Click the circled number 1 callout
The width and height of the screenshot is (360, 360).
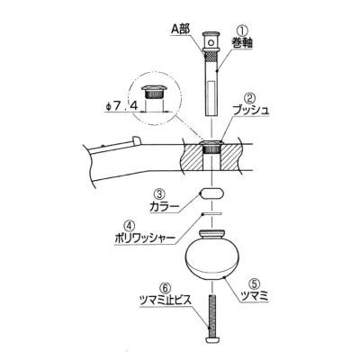coord(242,31)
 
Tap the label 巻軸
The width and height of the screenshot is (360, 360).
coord(242,43)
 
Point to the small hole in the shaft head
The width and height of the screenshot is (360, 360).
coord(211,42)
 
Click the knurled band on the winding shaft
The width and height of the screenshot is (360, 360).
coord(211,56)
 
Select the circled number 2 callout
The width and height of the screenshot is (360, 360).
coord(249,97)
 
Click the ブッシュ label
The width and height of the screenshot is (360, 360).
coord(251,110)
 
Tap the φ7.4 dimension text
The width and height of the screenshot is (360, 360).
coord(121,106)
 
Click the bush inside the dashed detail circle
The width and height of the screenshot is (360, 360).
coord(154,92)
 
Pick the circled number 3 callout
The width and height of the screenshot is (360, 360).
coord(158,193)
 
